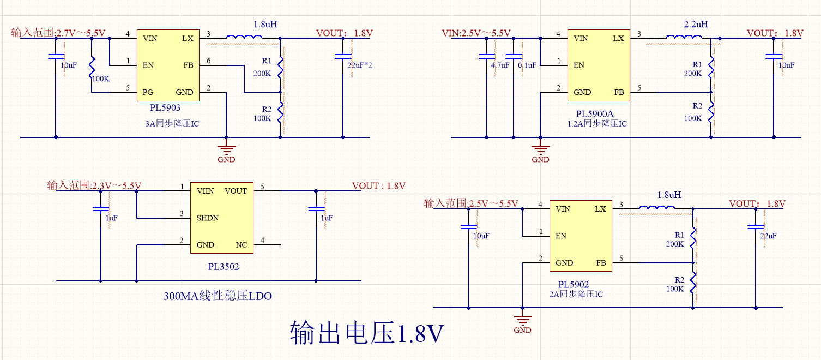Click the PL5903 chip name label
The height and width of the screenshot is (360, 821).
pos(166,108)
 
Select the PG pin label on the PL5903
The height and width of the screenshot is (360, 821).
pos(148,92)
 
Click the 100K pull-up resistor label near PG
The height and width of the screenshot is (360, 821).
pos(101,79)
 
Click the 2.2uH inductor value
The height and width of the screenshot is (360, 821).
pos(696,25)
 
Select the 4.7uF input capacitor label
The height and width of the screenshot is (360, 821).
pos(500,65)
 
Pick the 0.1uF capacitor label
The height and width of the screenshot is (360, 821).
pos(527,65)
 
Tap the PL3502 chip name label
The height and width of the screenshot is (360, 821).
pos(224,267)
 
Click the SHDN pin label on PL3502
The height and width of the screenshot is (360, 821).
pos(208,218)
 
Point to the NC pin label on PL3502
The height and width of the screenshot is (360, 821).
pos(242,245)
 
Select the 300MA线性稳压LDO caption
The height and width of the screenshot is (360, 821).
pos(218,296)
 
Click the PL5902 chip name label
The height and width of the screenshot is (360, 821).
pos(574,285)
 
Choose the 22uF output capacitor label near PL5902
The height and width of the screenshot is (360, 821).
pos(768,236)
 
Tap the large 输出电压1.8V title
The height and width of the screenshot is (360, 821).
pos(366,333)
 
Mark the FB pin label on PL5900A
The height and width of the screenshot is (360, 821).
pos(619,92)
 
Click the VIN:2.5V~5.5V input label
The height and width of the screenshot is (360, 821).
pos(476,33)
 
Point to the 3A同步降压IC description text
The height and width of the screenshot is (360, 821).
pos(172,124)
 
